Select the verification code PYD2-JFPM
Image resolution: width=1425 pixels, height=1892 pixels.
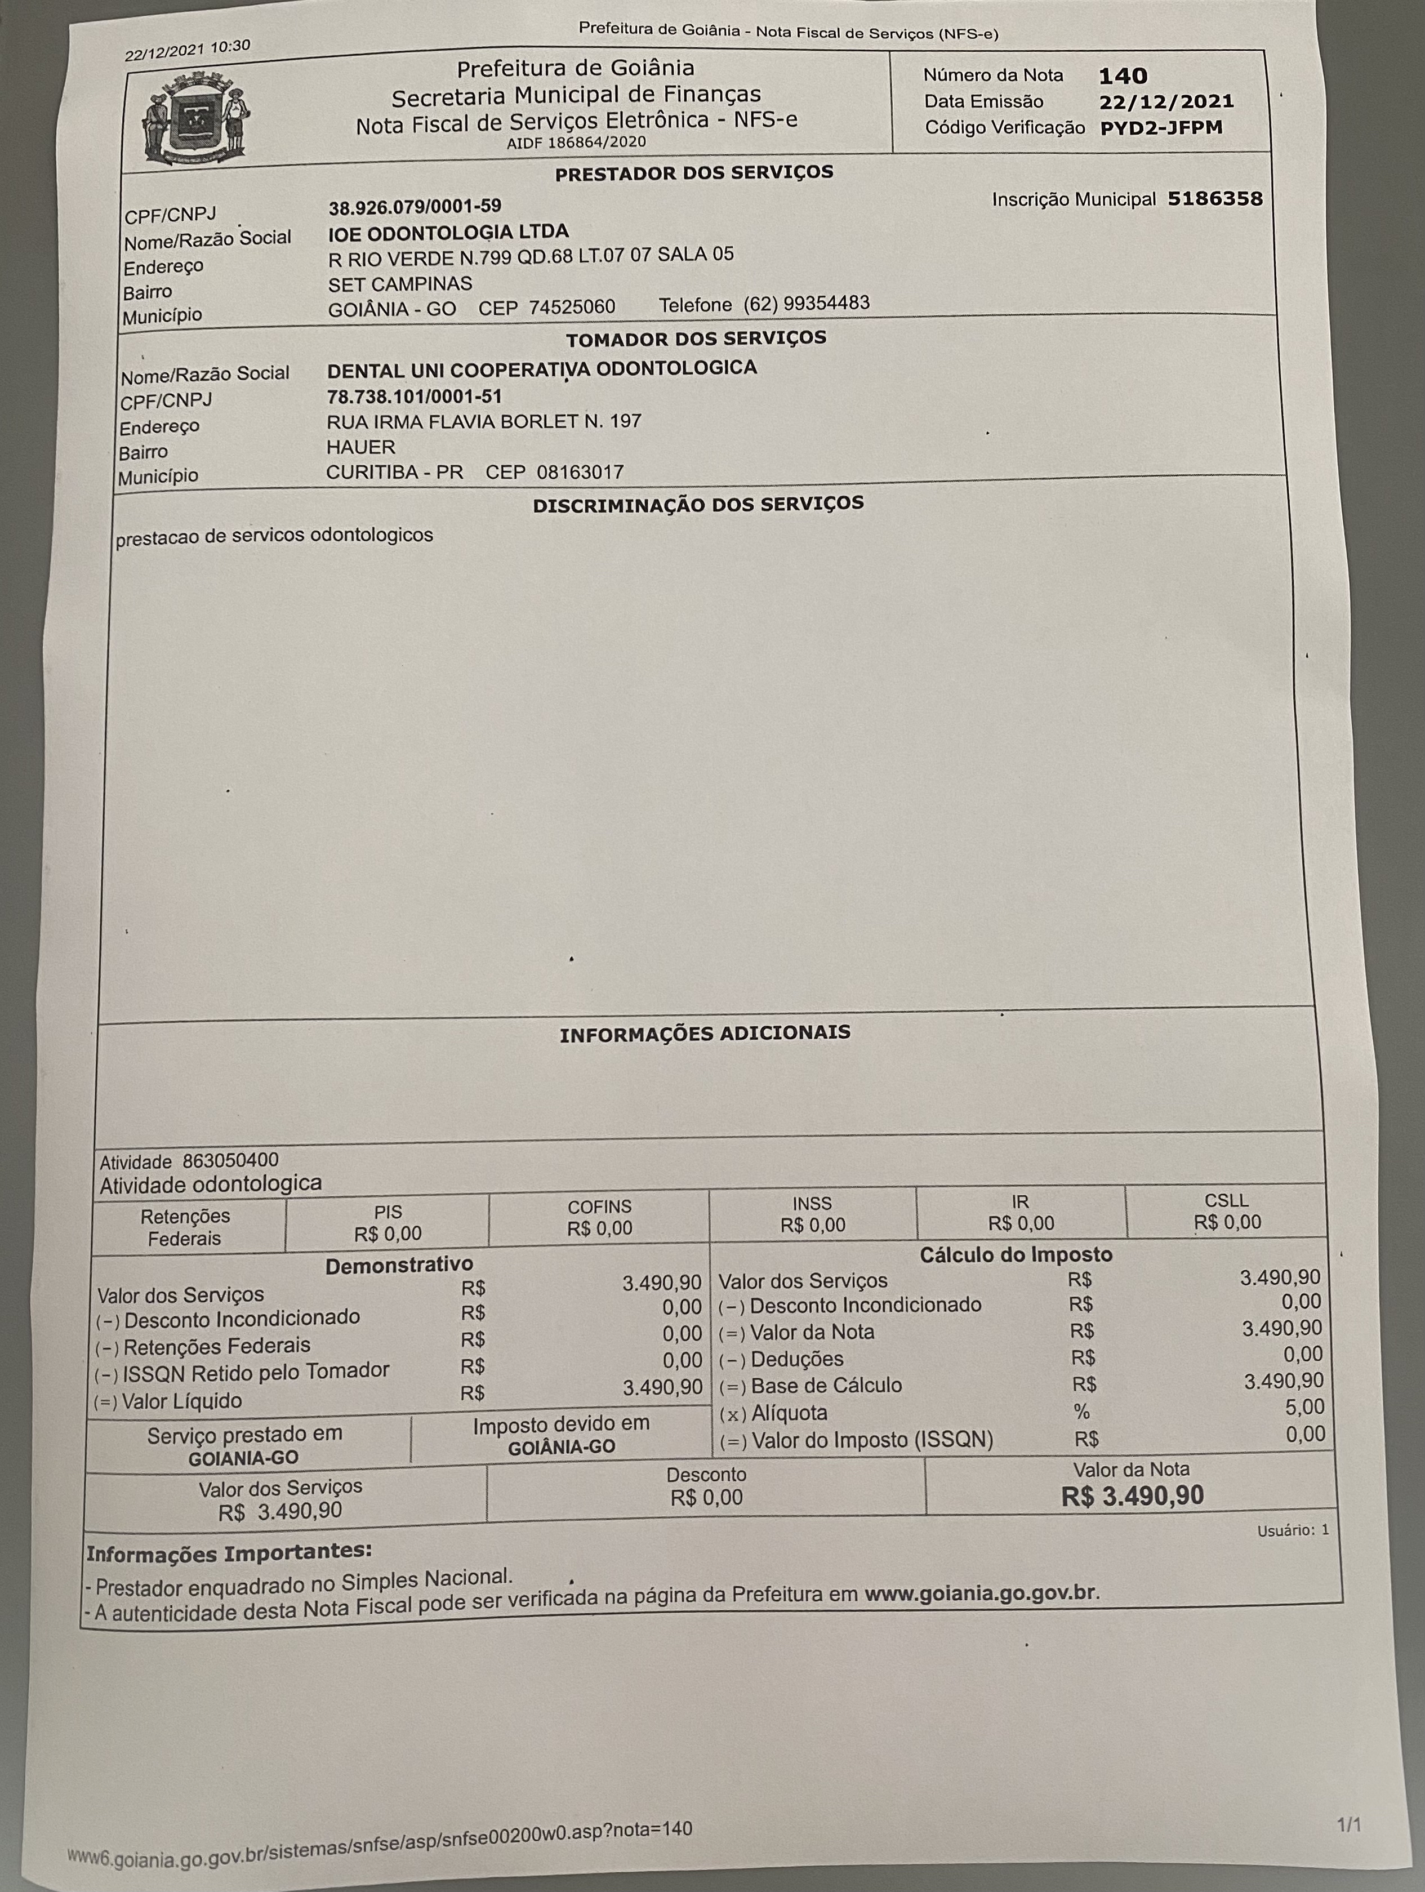pyautogui.click(x=1161, y=128)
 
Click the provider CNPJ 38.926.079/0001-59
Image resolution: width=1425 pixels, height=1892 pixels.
pyautogui.click(x=415, y=206)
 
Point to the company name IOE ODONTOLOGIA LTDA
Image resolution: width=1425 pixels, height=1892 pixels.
pyautogui.click(x=448, y=232)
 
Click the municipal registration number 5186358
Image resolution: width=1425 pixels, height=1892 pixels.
pyautogui.click(x=1214, y=198)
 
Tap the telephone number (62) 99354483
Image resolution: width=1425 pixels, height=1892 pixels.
pyautogui.click(x=806, y=304)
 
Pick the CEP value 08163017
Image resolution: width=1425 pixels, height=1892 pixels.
pyautogui.click(x=580, y=471)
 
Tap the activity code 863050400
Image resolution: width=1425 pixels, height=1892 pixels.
pyautogui.click(x=230, y=1161)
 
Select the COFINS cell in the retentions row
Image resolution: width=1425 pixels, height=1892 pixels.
pyautogui.click(x=600, y=1218)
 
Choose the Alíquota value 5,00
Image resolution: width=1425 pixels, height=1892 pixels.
pyautogui.click(x=1304, y=1407)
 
